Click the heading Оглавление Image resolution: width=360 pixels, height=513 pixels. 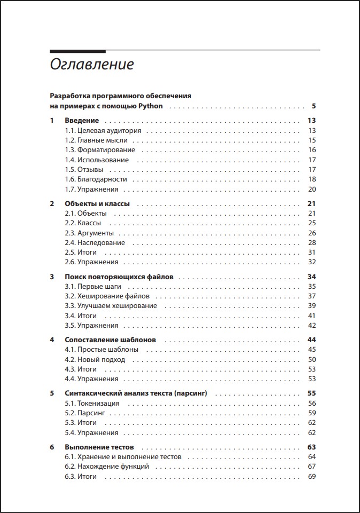coord(91,65)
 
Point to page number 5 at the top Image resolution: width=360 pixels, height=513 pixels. coord(314,106)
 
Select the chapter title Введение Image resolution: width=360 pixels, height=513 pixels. coord(82,121)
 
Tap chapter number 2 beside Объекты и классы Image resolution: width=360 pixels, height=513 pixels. coord(52,204)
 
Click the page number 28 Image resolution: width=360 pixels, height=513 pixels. coord(312,243)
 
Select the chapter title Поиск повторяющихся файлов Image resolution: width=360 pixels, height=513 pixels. coord(121,277)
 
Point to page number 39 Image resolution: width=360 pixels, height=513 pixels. coord(312,306)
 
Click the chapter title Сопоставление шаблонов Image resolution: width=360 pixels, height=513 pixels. coord(111,340)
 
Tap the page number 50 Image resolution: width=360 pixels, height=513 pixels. coord(312,360)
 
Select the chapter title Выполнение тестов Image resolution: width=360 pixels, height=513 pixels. coord(99,447)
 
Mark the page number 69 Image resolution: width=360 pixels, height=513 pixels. coord(312,477)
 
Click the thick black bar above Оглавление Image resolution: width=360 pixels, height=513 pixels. coord(77,51)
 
